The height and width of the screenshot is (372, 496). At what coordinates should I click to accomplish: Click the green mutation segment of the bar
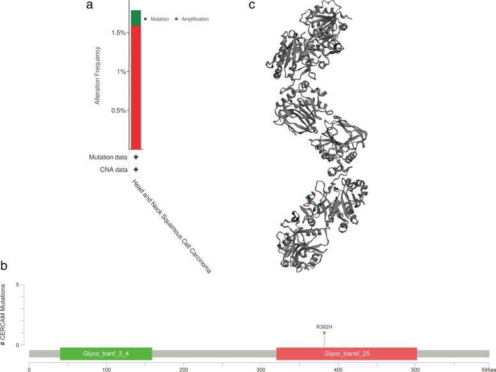pos(135,18)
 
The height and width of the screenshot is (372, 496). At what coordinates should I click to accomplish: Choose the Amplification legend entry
pos(191,19)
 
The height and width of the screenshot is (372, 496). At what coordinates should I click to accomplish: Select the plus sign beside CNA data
pos(136,169)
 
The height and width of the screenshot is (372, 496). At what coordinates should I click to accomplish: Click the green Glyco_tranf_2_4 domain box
pos(106,353)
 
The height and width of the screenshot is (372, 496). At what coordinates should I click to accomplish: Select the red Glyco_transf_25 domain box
pos(347,353)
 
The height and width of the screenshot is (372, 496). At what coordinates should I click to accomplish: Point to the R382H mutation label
pos(324,327)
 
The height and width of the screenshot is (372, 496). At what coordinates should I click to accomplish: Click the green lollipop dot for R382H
pos(324,333)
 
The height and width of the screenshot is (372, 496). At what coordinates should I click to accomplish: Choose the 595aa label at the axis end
pos(487,368)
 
